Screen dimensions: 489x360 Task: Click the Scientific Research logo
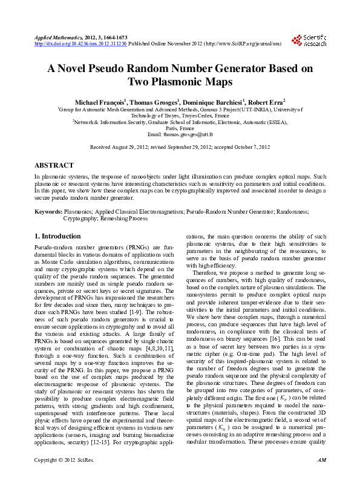309,40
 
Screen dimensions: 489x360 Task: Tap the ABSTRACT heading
54,165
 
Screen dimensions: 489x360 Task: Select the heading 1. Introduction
57,236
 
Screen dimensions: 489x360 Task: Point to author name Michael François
99,101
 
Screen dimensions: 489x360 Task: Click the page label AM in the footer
321,478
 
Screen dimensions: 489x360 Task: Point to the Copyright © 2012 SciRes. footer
60,478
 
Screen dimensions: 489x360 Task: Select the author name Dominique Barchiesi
207,101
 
